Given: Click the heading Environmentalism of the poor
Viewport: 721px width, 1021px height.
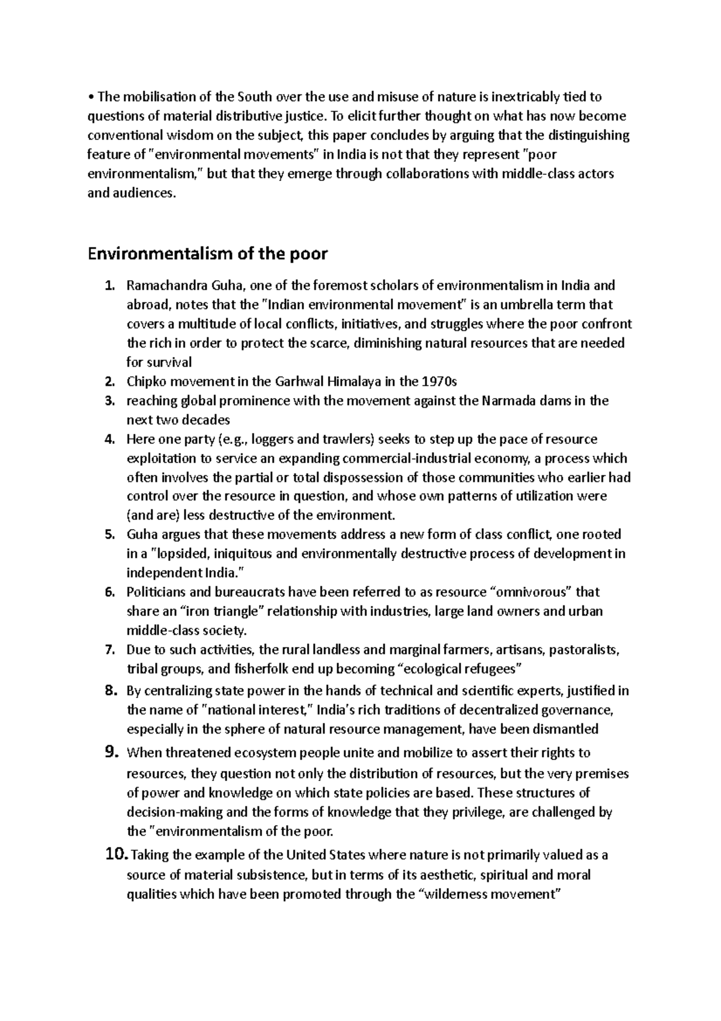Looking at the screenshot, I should [x=207, y=254].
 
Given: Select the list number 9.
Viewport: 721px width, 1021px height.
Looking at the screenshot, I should [x=112, y=752].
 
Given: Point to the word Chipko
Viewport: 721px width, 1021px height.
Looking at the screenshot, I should [x=143, y=381].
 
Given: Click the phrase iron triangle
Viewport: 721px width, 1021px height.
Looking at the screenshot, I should [x=222, y=612].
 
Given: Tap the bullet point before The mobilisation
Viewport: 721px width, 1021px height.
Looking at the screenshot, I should [x=90, y=97].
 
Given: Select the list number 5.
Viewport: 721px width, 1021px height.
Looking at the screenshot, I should [x=109, y=535].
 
